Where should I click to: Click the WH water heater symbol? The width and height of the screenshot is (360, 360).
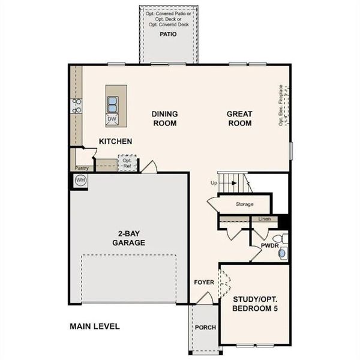(80, 180)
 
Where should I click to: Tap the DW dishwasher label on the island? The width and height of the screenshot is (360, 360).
(112, 119)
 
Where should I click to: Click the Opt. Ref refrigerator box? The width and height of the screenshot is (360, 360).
(127, 163)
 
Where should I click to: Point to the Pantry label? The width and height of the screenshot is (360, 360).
(82, 168)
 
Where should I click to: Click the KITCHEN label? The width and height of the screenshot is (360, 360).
(116, 142)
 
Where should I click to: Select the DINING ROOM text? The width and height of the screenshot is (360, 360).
(164, 119)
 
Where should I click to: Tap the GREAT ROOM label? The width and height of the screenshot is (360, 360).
(239, 119)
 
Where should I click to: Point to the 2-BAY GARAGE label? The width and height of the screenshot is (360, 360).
(128, 238)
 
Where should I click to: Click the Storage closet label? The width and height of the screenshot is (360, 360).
(244, 205)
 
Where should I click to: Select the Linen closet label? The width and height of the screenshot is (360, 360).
(264, 219)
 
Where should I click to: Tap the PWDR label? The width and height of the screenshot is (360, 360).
(269, 245)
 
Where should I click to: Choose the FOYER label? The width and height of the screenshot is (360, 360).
(204, 282)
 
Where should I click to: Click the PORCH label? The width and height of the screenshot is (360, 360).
(205, 327)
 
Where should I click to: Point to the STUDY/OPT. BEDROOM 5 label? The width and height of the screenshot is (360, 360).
(255, 303)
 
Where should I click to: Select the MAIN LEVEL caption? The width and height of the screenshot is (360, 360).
(94, 326)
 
